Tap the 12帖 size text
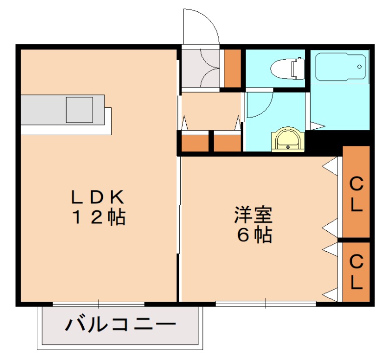pos(98,216)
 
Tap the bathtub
pos(341,68)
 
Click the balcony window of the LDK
pos(98,304)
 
